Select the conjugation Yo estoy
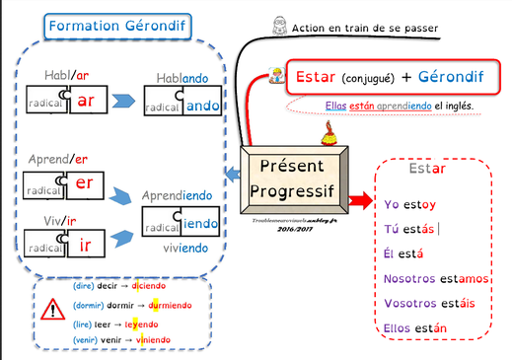409,205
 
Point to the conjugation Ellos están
415,327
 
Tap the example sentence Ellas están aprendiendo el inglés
400,106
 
